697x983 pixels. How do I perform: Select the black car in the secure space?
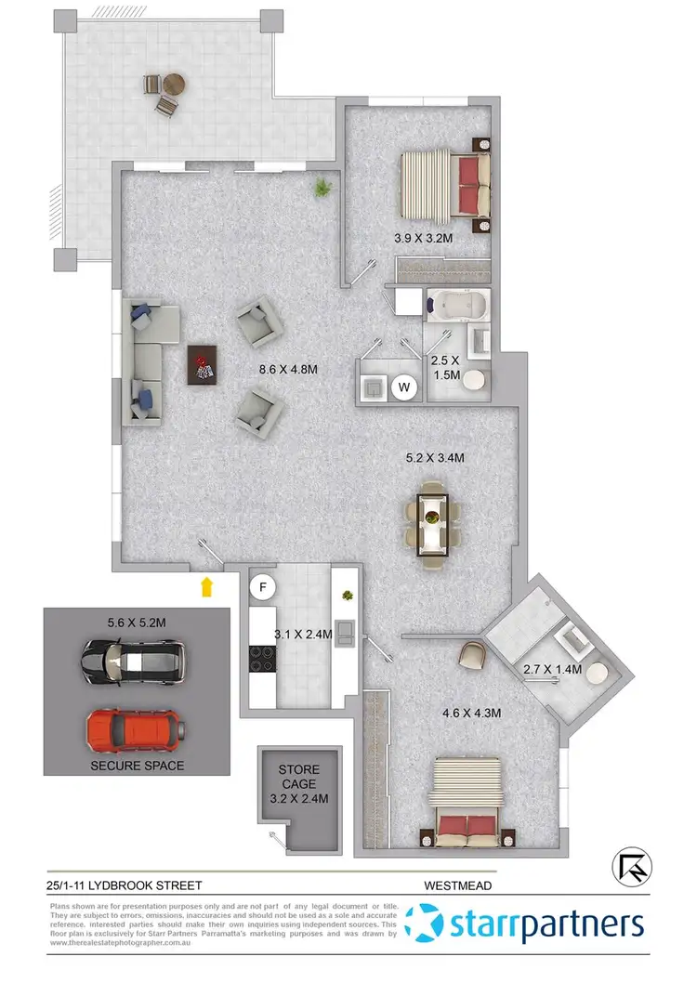point(134,661)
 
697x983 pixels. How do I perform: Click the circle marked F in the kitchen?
point(263,588)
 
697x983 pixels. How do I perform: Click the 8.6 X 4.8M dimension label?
point(289,370)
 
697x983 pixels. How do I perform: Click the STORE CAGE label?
point(298,770)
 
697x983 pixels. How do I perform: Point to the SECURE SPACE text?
point(137,767)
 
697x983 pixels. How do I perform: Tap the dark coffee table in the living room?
point(203,362)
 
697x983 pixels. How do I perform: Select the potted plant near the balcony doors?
point(322,189)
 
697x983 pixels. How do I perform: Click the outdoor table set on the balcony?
point(160,93)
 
